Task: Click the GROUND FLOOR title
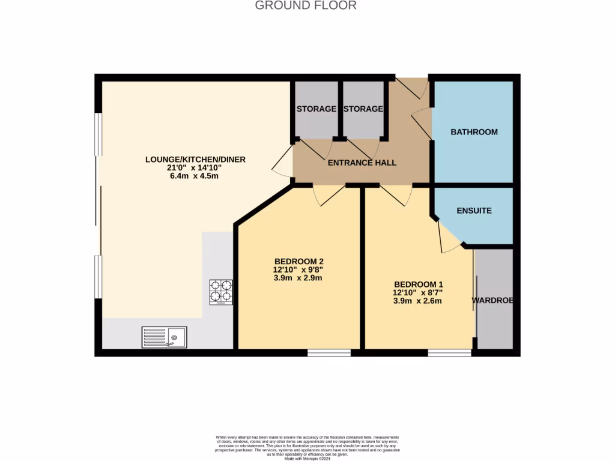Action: click(x=306, y=5)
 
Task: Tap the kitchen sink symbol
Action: click(x=165, y=337)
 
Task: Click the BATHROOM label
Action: click(x=474, y=132)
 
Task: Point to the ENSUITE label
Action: click(x=474, y=211)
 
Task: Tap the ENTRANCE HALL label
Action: click(x=362, y=163)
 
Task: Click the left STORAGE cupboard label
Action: click(x=317, y=109)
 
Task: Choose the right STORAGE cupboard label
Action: click(x=362, y=109)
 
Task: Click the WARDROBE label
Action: click(x=492, y=300)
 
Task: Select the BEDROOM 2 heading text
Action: click(x=299, y=261)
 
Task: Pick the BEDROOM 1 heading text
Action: click(x=419, y=284)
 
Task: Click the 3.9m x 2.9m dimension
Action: click(x=298, y=278)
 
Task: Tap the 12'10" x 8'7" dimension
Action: click(x=418, y=292)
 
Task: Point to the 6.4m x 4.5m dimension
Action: click(x=195, y=176)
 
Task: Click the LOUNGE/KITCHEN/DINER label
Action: click(x=195, y=159)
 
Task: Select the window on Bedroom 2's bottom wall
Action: click(x=329, y=353)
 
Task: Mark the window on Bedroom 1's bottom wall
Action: click(x=450, y=353)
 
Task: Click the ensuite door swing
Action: click(x=447, y=239)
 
